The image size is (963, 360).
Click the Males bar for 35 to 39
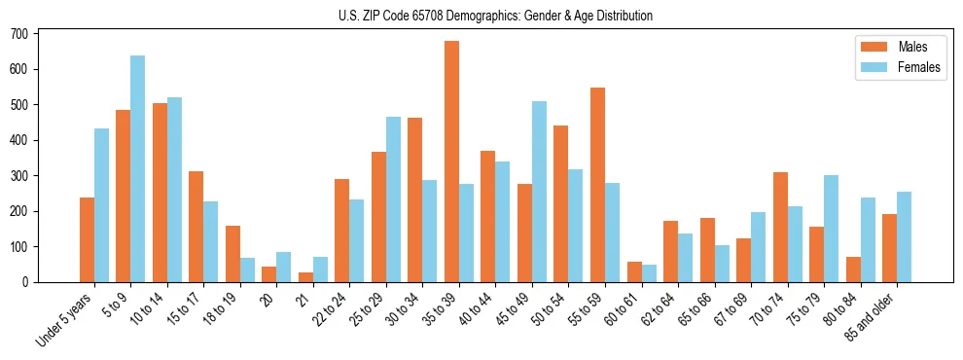tap(451, 162)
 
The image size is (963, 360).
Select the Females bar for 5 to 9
tap(138, 168)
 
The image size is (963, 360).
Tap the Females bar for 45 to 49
tap(539, 192)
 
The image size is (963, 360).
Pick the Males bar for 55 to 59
tap(597, 185)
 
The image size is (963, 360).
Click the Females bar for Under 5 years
tap(101, 205)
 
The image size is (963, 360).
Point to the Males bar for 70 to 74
tap(780, 227)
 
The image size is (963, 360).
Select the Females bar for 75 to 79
tap(831, 229)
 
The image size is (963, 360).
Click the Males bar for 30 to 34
tap(415, 199)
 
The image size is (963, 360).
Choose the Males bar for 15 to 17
tap(196, 227)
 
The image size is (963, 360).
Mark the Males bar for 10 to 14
tap(160, 193)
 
